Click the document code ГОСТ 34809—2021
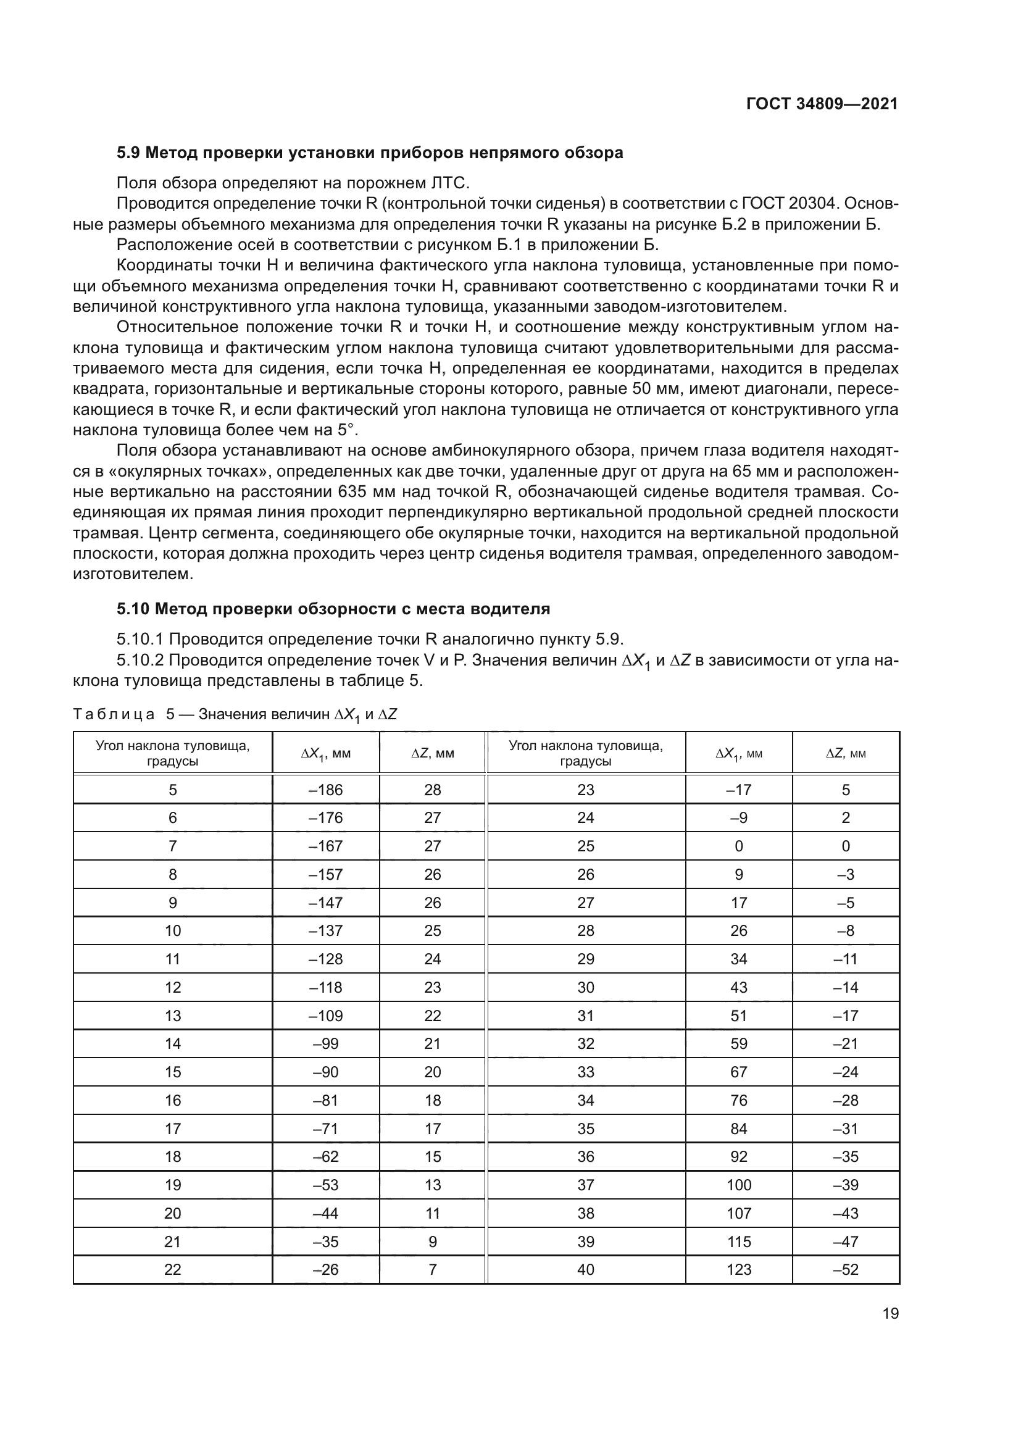pos(822,104)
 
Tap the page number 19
pos(890,1313)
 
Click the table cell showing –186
pos(326,790)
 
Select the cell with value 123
pos(739,1269)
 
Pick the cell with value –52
pos(846,1269)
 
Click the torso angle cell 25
pos(585,846)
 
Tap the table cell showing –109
pos(326,1016)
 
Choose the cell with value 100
pos(739,1185)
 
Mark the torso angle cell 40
pos(585,1269)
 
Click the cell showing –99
pos(326,1044)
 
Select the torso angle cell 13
pos(173,1016)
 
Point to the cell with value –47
pos(846,1242)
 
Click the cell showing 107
pos(739,1213)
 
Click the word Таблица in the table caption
pos(114,714)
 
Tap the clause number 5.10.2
pos(140,661)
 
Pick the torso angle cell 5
pos(173,790)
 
